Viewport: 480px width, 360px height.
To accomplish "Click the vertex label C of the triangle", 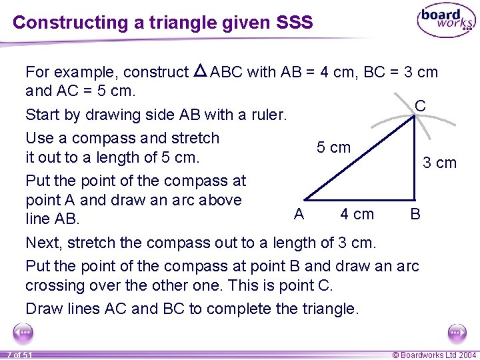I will point(420,106).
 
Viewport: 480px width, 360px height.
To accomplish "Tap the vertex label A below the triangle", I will point(299,213).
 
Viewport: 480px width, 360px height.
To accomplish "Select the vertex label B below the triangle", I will point(415,214).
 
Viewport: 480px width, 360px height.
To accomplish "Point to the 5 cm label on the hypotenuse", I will point(333,147).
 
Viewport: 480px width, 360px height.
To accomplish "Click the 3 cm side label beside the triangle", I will point(440,163).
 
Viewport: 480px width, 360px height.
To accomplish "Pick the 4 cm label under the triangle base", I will point(357,214).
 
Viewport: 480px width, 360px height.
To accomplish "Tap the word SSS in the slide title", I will point(293,22).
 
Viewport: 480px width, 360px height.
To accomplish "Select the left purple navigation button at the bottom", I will point(23,332).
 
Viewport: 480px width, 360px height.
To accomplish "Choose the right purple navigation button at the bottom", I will point(457,332).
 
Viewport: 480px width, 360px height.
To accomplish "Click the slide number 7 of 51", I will point(20,355).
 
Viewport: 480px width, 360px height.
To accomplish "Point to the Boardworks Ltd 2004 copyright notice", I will point(434,355).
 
